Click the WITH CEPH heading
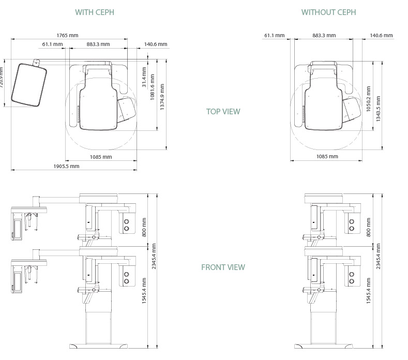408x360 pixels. (95, 12)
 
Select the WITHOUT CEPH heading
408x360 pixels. (329, 12)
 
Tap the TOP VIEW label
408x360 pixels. (223, 111)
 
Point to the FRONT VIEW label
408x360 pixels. (223, 267)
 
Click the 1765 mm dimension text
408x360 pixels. (67, 35)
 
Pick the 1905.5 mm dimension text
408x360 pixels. (66, 166)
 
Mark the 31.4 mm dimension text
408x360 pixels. (144, 77)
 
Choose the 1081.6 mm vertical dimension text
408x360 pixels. (153, 87)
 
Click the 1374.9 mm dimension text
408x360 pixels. (162, 97)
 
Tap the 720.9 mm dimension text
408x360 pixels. (2, 77)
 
